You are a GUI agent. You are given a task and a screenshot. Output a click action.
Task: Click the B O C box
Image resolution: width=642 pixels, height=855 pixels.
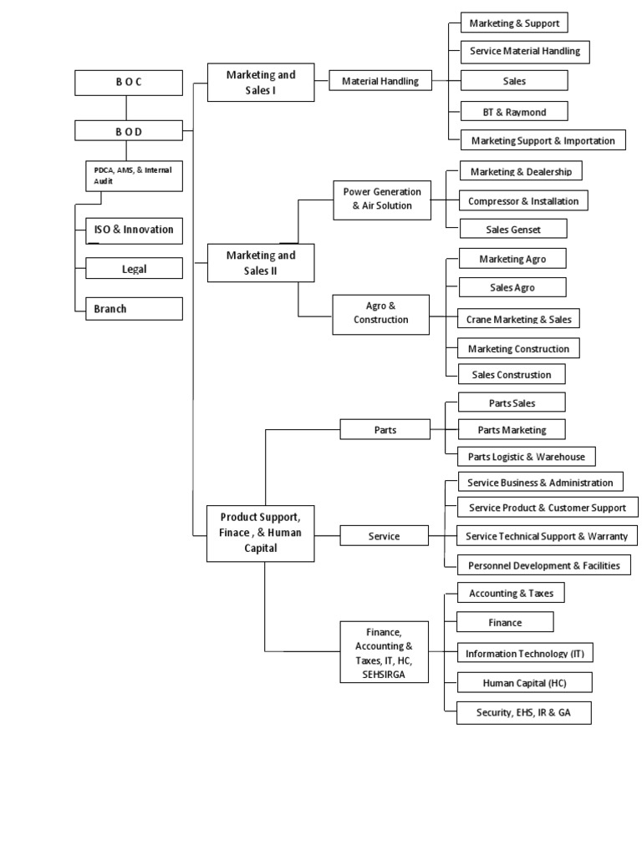pyautogui.click(x=128, y=83)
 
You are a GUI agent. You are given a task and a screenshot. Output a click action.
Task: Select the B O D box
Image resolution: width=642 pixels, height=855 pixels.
pyautogui.click(x=128, y=130)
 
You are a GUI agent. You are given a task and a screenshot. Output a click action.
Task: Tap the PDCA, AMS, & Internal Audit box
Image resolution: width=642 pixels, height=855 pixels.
pyautogui.click(x=133, y=175)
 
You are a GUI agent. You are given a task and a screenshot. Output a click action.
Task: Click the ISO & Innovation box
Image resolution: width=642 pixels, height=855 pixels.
pyautogui.click(x=134, y=230)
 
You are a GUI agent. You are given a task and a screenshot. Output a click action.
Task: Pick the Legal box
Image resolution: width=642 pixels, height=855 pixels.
pyautogui.click(x=134, y=268)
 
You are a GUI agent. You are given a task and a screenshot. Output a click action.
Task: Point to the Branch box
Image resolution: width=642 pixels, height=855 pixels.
pyautogui.click(x=134, y=309)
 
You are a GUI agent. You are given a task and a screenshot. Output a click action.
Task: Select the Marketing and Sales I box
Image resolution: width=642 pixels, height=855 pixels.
pyautogui.click(x=261, y=83)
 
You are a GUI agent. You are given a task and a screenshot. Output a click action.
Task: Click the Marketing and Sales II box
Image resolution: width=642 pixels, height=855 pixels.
pyautogui.click(x=261, y=263)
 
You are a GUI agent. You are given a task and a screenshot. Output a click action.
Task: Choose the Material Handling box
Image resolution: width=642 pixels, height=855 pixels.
pyautogui.click(x=380, y=81)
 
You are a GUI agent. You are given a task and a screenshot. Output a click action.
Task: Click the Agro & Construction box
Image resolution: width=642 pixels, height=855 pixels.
pyautogui.click(x=381, y=313)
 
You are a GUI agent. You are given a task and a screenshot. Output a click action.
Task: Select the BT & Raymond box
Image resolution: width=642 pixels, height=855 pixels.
pyautogui.click(x=513, y=111)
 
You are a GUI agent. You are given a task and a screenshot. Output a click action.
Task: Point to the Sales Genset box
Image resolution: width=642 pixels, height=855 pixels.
pyautogui.click(x=513, y=228)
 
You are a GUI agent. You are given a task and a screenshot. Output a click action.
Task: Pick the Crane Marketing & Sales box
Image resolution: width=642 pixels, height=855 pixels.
pyautogui.click(x=518, y=318)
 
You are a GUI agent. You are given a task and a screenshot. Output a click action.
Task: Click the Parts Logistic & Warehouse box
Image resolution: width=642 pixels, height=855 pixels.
pyautogui.click(x=519, y=456)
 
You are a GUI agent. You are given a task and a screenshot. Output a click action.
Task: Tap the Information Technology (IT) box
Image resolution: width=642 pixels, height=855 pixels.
pyautogui.click(x=524, y=653)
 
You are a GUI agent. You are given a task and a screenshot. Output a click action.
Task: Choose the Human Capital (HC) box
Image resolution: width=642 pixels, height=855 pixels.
pyautogui.click(x=524, y=682)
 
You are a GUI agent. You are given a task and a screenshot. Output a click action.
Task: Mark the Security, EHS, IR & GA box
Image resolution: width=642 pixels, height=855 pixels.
pyautogui.click(x=523, y=712)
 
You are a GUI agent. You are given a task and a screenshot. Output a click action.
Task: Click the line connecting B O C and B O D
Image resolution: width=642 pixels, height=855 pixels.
pyautogui.click(x=127, y=108)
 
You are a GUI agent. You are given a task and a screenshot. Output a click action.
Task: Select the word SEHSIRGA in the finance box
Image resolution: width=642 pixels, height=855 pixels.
pyautogui.click(x=385, y=675)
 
